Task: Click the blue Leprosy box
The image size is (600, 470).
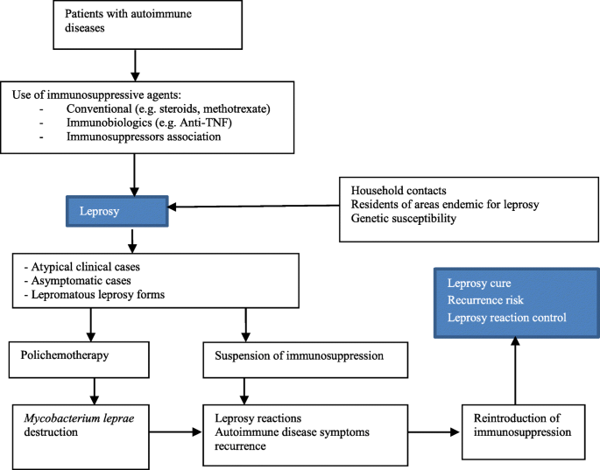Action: click(117, 211)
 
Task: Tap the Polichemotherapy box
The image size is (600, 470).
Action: click(79, 360)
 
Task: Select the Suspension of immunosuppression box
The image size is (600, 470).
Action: click(306, 360)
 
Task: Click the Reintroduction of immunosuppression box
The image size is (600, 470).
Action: click(524, 432)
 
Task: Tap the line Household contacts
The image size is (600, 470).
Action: click(399, 191)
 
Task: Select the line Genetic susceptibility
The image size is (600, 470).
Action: click(404, 218)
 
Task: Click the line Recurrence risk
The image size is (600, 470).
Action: click(485, 300)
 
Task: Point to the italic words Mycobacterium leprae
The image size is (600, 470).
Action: click(79, 418)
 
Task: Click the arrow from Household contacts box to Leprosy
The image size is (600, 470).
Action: click(254, 207)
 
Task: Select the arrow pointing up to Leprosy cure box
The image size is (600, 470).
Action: click(515, 370)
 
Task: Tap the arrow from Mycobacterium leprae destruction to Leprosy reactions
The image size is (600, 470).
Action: click(175, 432)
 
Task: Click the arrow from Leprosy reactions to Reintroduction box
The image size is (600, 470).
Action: click(434, 432)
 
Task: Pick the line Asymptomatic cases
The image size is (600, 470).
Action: click(78, 281)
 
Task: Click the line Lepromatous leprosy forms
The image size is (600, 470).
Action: click(94, 294)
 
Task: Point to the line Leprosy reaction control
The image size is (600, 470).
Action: click(507, 318)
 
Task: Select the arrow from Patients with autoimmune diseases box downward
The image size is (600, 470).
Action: click(135, 66)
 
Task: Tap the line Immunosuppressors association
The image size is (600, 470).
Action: click(144, 137)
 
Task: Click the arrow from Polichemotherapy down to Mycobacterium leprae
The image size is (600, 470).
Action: click(94, 391)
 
